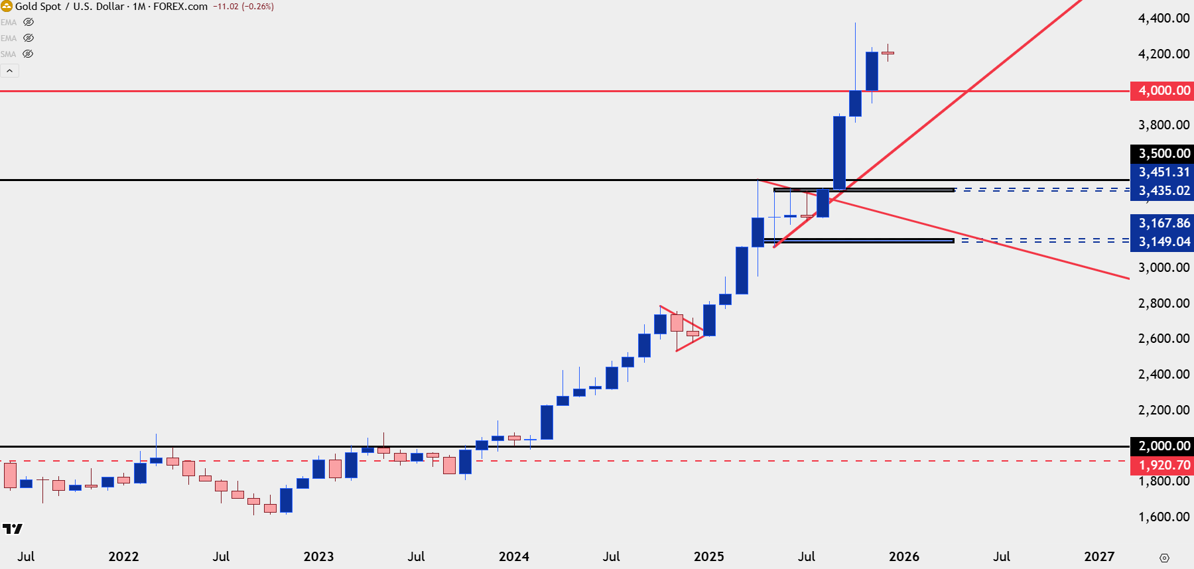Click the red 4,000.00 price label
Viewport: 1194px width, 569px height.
coord(1162,90)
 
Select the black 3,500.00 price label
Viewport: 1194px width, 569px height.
coord(1162,153)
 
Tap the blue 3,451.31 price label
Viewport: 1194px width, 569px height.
coord(1162,172)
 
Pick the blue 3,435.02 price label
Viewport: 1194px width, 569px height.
coord(1162,190)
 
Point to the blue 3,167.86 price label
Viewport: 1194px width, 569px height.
coord(1162,223)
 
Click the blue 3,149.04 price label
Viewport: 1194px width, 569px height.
coord(1162,241)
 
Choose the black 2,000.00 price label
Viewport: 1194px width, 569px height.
coord(1162,446)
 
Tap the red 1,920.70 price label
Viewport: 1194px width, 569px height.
coord(1162,465)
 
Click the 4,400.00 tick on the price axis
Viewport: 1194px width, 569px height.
coord(1163,18)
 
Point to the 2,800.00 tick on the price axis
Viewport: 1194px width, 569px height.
coord(1163,303)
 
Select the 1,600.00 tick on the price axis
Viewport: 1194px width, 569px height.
coord(1163,517)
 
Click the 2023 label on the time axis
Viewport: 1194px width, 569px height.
coord(318,556)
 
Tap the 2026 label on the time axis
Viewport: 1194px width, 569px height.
coord(903,556)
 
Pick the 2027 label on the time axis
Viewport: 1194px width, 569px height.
coord(1098,556)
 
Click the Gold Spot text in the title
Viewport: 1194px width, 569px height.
coord(38,7)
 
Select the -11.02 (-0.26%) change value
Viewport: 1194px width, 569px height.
coord(243,7)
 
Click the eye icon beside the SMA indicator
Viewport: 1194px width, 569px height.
coord(28,54)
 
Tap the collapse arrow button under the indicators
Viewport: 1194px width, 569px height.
coord(9,70)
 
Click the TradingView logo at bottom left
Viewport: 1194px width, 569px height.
coord(12,529)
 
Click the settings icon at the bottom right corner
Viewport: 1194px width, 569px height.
coord(1164,558)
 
